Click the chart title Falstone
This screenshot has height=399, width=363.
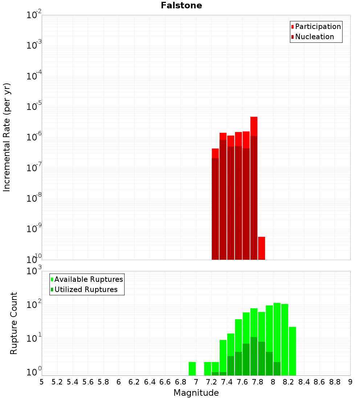click(x=181, y=5)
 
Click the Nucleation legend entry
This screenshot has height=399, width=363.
click(x=314, y=37)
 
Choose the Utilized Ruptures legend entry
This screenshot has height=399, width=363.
click(x=86, y=290)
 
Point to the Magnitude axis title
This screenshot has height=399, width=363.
click(x=196, y=393)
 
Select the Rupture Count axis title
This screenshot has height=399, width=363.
click(x=14, y=323)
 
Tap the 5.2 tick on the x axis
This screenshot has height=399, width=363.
click(x=57, y=382)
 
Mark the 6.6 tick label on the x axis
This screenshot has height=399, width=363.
click(x=165, y=382)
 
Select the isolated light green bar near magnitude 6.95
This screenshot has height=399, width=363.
click(x=192, y=369)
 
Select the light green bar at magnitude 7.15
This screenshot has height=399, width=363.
click(x=208, y=369)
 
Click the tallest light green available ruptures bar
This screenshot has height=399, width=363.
click(x=277, y=326)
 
